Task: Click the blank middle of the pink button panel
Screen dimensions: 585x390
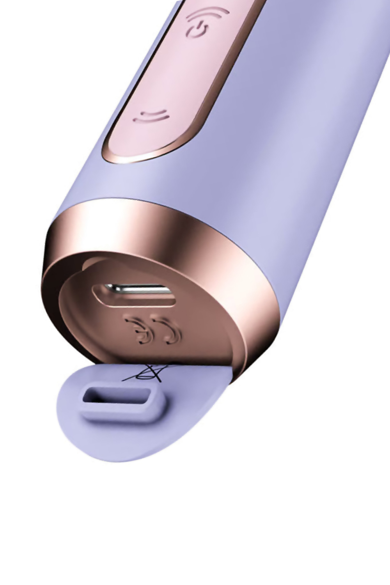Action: (x=175, y=74)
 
